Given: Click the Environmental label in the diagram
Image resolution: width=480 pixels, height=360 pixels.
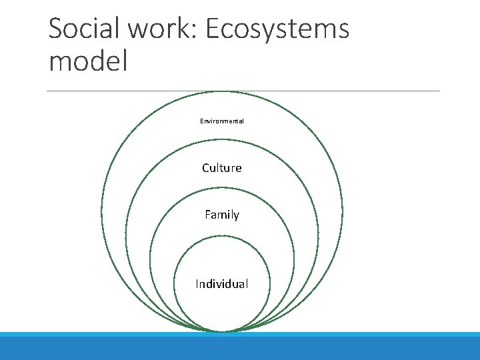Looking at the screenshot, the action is point(222,121).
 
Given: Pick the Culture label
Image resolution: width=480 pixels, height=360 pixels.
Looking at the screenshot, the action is point(222,168).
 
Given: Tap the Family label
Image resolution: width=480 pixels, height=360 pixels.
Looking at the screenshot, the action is point(222,215).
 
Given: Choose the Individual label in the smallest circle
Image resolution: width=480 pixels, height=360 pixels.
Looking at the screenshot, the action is point(222,284).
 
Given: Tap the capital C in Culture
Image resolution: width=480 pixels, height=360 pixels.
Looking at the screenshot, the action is point(206,168).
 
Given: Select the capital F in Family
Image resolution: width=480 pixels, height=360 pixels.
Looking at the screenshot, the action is point(208,215).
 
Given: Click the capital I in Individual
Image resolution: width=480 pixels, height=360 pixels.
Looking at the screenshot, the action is point(197,284).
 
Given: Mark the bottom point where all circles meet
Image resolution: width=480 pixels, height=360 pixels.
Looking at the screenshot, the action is point(222,331).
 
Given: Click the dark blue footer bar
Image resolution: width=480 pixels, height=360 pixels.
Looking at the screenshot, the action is point(240,349).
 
